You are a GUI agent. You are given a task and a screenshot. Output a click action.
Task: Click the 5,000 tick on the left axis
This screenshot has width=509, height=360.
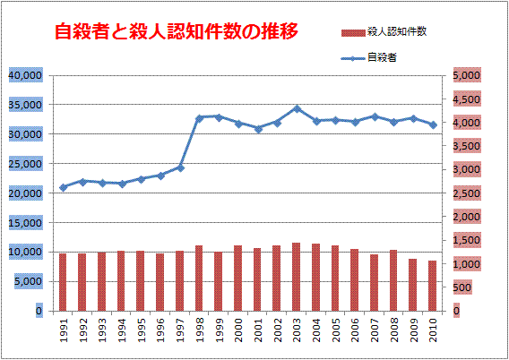tap(27, 281)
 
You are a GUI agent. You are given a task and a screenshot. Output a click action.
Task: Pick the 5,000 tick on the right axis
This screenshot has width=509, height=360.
tap(468, 76)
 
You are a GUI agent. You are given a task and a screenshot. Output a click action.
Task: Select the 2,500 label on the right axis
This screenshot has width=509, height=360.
tap(468, 193)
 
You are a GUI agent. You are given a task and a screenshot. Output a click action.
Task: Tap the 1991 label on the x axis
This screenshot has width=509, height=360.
tap(63, 331)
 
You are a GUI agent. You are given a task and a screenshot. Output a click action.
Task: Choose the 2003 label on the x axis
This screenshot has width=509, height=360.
tap(297, 331)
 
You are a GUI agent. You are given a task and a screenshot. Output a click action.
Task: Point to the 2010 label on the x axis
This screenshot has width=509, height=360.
tap(433, 331)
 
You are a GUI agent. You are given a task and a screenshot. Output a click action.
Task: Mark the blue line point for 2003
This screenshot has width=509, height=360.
tap(297, 108)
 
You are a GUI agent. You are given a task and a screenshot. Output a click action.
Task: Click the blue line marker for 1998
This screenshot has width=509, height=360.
tap(199, 118)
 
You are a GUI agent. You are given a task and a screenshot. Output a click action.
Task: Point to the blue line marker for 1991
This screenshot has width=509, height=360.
tap(63, 187)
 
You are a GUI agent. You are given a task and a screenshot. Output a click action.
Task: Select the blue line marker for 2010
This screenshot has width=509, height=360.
tap(433, 124)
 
